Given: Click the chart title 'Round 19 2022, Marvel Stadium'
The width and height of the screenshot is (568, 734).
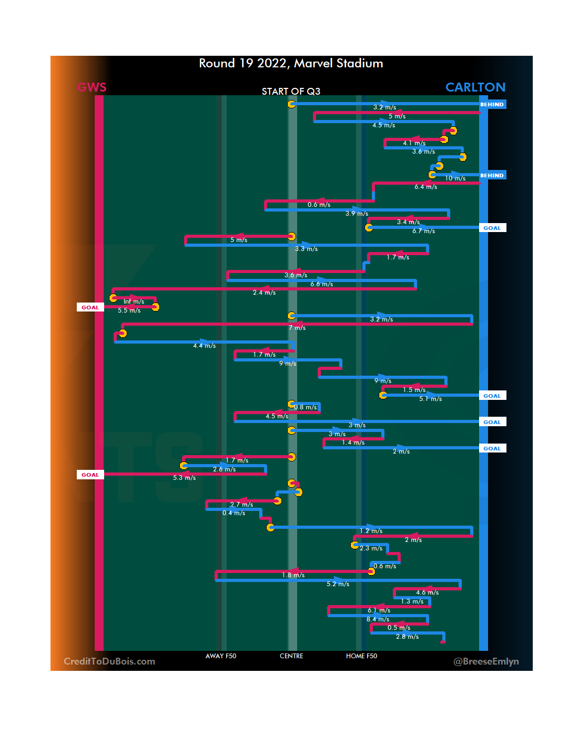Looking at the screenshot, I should click(291, 64).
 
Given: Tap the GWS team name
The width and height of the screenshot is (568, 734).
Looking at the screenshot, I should click(92, 87).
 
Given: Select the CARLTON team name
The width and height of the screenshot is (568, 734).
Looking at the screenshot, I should click(475, 87).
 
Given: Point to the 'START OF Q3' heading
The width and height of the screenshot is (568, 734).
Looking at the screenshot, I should click(291, 92).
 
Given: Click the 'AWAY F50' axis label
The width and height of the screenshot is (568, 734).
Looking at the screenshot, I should click(221, 656).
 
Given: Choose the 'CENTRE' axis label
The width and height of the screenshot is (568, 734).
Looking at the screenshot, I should click(291, 656).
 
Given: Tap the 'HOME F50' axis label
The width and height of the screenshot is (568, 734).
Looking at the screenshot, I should click(361, 656).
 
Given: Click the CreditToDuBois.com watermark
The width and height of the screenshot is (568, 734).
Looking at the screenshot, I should click(109, 661).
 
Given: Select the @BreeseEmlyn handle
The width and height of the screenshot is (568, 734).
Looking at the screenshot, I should click(486, 661).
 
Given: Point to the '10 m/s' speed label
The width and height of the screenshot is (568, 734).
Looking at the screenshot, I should click(455, 178).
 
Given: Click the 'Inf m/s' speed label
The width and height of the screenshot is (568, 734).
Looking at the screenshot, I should click(134, 301).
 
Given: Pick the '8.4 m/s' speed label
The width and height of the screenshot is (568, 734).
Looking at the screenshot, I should click(378, 619).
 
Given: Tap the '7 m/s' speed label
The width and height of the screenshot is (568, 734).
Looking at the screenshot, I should click(297, 328).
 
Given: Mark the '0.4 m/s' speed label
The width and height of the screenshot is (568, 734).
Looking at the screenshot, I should click(234, 513).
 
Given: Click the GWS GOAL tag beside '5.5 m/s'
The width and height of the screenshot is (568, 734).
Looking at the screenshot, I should click(90, 308).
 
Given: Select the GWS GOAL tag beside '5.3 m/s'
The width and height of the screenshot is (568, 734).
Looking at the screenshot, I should click(90, 475).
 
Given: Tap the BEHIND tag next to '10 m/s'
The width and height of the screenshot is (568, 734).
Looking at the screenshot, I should click(492, 176).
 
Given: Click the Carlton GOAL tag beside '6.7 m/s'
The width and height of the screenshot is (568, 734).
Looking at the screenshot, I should click(492, 228).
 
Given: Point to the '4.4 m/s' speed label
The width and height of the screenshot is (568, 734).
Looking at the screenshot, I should click(204, 346).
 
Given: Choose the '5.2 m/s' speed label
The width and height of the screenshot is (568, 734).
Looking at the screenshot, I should click(338, 584).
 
